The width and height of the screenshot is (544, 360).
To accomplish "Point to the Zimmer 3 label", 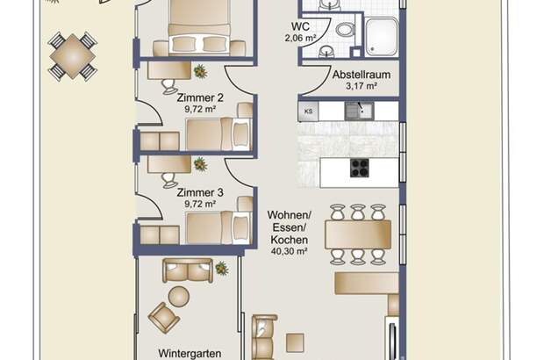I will point(200,192).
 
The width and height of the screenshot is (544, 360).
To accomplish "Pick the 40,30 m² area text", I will point(288,253).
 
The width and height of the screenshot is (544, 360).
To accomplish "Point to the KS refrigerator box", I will point(308,112).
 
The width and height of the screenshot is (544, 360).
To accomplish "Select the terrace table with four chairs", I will point(73,56).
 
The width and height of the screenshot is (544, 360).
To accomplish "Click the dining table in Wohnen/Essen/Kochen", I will point(357,234).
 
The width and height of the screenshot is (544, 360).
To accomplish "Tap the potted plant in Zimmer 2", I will point(201,72).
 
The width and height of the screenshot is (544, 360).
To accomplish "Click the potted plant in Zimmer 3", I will point(201,163).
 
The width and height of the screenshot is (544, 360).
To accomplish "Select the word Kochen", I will point(288,240).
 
